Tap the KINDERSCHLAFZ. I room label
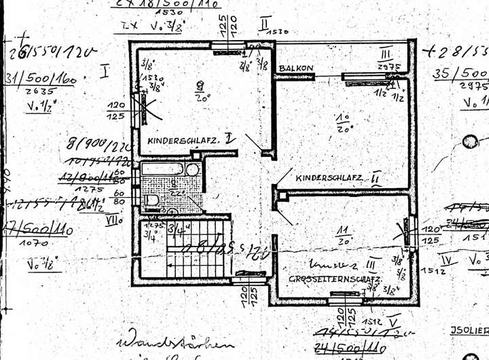click(191, 139)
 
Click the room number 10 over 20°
click(343, 122)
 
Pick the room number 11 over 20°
click(343, 235)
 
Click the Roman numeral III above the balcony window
click(386, 54)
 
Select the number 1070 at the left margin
click(34, 242)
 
